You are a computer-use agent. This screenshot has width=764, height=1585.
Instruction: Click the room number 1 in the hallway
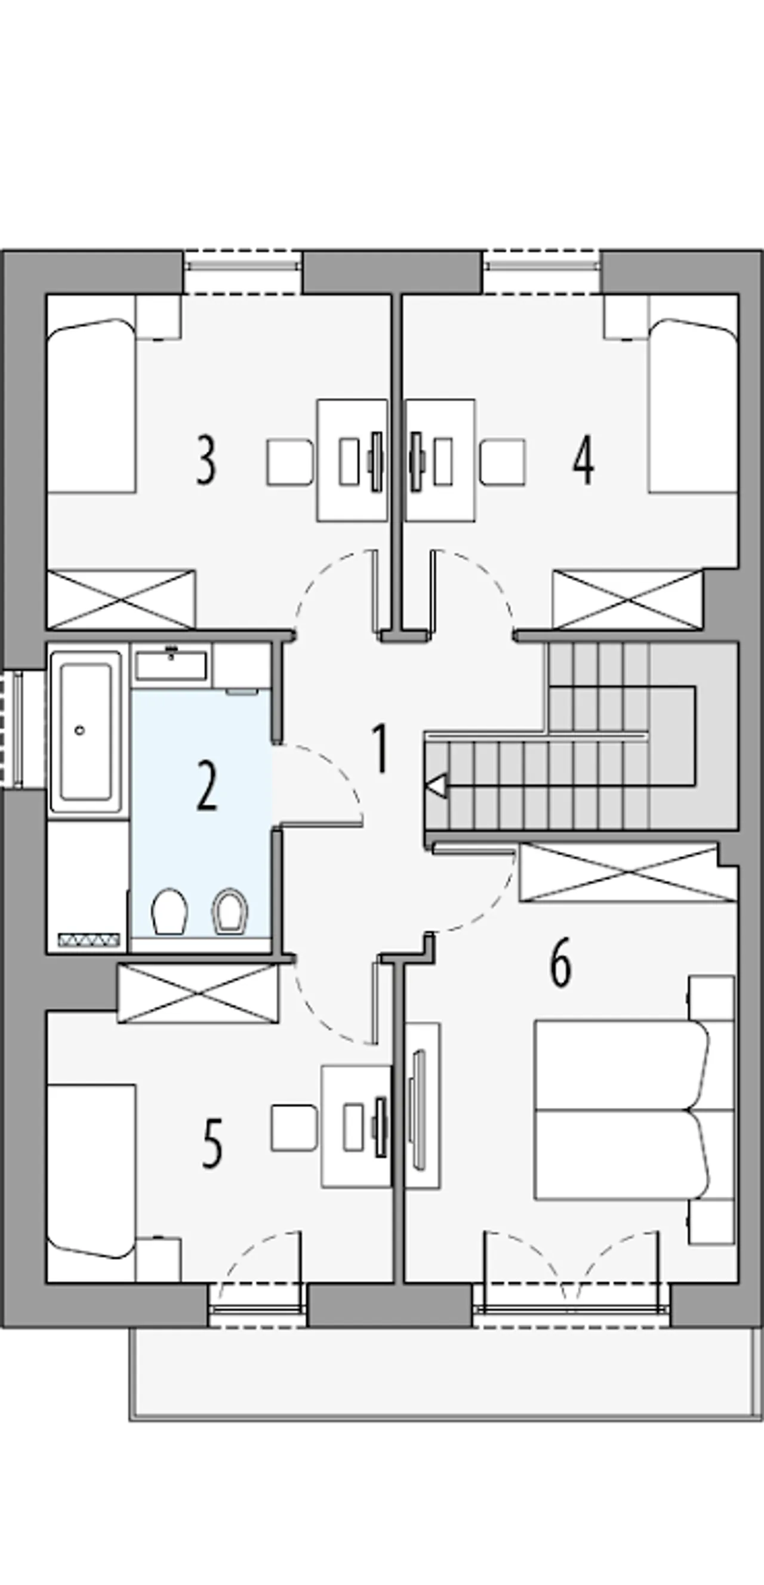(381, 748)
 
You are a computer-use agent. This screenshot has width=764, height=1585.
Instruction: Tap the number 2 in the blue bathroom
(207, 786)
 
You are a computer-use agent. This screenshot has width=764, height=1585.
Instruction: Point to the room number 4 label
(583, 461)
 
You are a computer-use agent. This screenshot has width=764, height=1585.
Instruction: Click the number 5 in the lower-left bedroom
(212, 1143)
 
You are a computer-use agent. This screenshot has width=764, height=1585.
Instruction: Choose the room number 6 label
(560, 963)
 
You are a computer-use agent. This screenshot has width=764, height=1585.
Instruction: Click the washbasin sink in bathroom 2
(171, 665)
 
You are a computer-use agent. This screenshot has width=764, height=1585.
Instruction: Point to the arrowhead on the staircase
(436, 786)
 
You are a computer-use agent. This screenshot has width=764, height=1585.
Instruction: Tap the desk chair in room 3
(289, 462)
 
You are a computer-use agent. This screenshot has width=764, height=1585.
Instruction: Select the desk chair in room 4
(503, 462)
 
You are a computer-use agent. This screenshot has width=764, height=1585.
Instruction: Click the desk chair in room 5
(294, 1128)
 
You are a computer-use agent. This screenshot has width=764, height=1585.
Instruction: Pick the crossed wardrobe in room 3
(121, 600)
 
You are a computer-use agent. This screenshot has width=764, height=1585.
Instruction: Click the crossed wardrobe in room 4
(627, 600)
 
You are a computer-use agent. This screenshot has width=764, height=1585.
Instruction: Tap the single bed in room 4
(694, 406)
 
